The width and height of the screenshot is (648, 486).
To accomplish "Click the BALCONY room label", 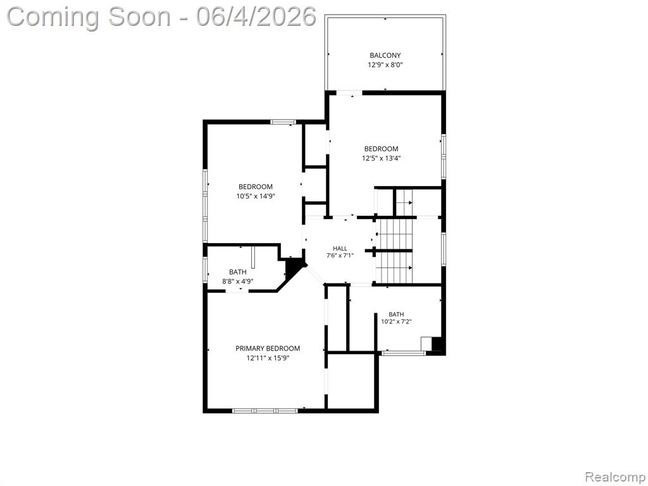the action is [x=385, y=55].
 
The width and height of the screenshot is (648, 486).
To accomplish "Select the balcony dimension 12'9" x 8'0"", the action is [x=385, y=65].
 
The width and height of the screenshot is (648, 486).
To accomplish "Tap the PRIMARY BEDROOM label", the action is [x=268, y=349].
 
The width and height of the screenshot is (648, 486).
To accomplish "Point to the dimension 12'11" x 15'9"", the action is [x=268, y=358].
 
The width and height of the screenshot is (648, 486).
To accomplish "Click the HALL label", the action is [x=340, y=248].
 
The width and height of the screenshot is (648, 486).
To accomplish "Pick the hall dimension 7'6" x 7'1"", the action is [x=340, y=256].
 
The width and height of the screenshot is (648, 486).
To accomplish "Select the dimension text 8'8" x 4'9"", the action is [x=238, y=281].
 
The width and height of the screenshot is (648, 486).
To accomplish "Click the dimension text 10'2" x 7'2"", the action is [x=396, y=321].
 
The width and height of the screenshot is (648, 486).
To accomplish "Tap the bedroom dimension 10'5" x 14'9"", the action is [x=256, y=196].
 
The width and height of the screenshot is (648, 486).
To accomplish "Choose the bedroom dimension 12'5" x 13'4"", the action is [x=382, y=158].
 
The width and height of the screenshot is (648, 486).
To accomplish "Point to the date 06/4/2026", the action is [x=256, y=16].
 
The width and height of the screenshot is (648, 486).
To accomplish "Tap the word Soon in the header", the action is [x=139, y=16].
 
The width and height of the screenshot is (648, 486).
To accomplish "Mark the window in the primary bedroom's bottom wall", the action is [x=265, y=410].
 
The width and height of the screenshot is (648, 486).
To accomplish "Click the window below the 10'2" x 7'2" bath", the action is [x=403, y=353].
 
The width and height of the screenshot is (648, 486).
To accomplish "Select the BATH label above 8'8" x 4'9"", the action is [x=238, y=272].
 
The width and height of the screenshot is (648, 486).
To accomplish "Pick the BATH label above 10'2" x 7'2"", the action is [x=396, y=314].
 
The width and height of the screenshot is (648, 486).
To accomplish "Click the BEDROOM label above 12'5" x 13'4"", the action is [x=382, y=149].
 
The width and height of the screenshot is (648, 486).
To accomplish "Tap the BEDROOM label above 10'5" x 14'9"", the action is [x=256, y=187].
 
